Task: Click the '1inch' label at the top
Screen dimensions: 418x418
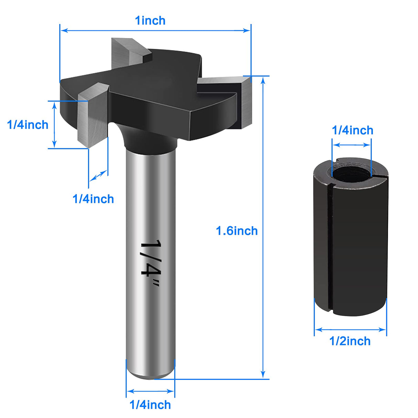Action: [150, 21]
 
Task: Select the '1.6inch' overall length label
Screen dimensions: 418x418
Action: [237, 231]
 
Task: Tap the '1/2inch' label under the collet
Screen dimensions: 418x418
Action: [350, 341]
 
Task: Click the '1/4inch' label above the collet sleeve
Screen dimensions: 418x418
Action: [352, 130]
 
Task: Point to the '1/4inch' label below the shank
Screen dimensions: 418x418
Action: [150, 405]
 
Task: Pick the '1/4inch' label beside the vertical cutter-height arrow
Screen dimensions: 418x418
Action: [28, 125]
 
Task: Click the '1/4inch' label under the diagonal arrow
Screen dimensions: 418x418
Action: [93, 199]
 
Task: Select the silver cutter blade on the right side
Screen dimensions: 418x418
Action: [245, 102]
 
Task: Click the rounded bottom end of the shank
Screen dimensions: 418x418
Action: [150, 374]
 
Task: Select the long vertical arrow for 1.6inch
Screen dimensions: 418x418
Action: [263, 227]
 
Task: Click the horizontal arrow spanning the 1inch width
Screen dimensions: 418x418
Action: [155, 30]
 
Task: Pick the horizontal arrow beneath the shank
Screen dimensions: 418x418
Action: [150, 391]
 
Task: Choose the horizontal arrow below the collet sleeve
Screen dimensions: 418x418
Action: [350, 330]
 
